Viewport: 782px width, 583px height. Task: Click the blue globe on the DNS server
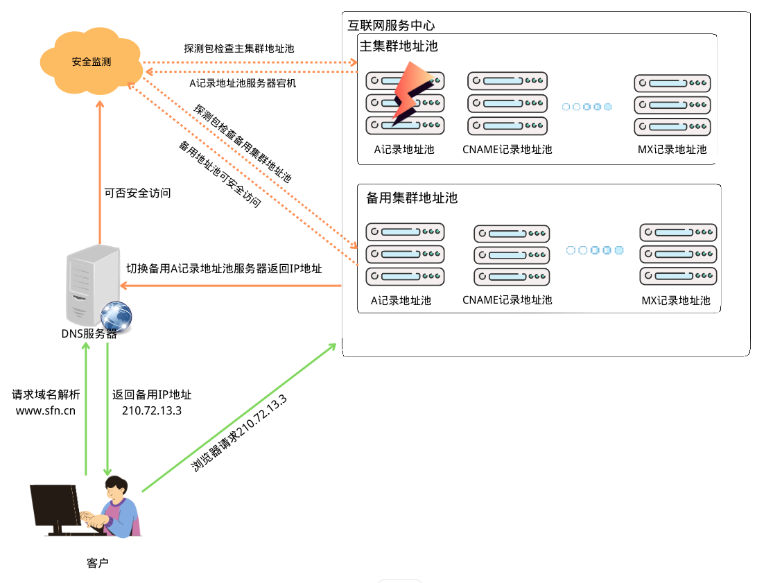pyautogui.click(x=116, y=317)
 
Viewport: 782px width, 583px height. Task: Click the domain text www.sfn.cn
pyautogui.click(x=46, y=410)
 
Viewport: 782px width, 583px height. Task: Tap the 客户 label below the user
pyautogui.click(x=98, y=562)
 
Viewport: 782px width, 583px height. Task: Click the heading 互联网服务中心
pyautogui.click(x=391, y=26)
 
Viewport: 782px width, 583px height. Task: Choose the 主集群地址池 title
pyautogui.click(x=399, y=46)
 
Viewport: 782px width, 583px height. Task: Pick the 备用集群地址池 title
pyautogui.click(x=412, y=198)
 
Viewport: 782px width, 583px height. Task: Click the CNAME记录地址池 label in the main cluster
pyautogui.click(x=507, y=149)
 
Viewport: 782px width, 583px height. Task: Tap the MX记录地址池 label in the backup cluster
pyautogui.click(x=676, y=300)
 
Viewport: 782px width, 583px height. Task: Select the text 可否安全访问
pyautogui.click(x=137, y=193)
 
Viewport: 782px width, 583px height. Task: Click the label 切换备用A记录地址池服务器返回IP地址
pyautogui.click(x=224, y=268)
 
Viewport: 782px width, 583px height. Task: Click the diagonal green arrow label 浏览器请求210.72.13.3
pyautogui.click(x=239, y=435)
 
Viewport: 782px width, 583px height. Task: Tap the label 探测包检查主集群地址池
pyautogui.click(x=239, y=49)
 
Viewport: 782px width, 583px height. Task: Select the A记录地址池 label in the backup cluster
pyautogui.click(x=401, y=300)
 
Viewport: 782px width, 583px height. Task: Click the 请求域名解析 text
pyautogui.click(x=46, y=394)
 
